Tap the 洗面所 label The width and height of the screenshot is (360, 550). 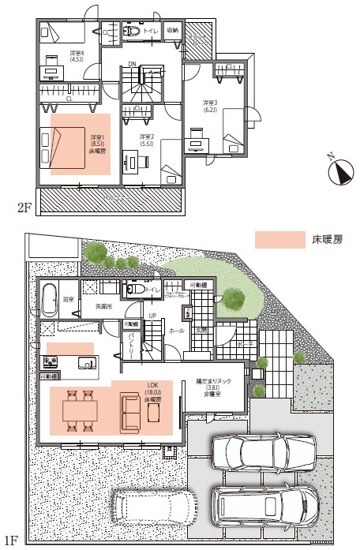coord(105,305)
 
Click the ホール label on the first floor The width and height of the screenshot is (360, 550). coord(176,331)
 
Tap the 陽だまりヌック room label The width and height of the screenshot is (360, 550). coord(213,381)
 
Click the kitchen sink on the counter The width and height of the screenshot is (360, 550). coord(84,364)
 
